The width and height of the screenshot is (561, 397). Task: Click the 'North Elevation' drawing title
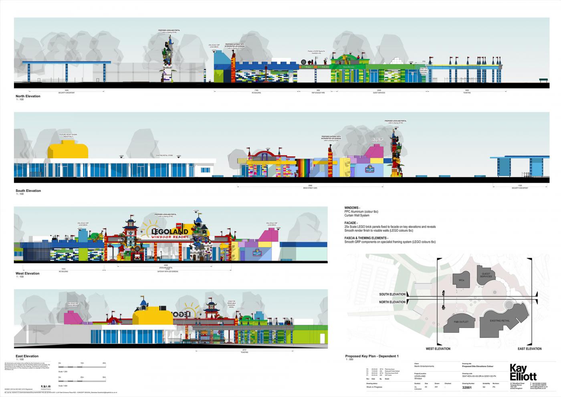[x=28, y=96]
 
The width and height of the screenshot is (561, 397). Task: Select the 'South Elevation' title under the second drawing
[x=28, y=191]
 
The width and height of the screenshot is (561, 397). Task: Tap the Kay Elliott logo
[x=523, y=373]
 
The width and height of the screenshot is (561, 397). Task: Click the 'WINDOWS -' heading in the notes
[x=352, y=208]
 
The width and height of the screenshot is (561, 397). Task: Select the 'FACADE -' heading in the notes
[x=351, y=223]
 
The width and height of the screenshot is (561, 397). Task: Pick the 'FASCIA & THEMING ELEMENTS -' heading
[x=366, y=238]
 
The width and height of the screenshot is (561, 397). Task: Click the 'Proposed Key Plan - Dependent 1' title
[x=372, y=356]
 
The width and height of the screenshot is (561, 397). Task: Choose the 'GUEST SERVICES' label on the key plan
[x=486, y=275]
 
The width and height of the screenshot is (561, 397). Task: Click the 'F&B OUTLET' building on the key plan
[x=461, y=322]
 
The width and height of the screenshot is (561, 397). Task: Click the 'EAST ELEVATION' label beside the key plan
[x=529, y=348]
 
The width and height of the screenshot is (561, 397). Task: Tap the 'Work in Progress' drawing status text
[x=374, y=387]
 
